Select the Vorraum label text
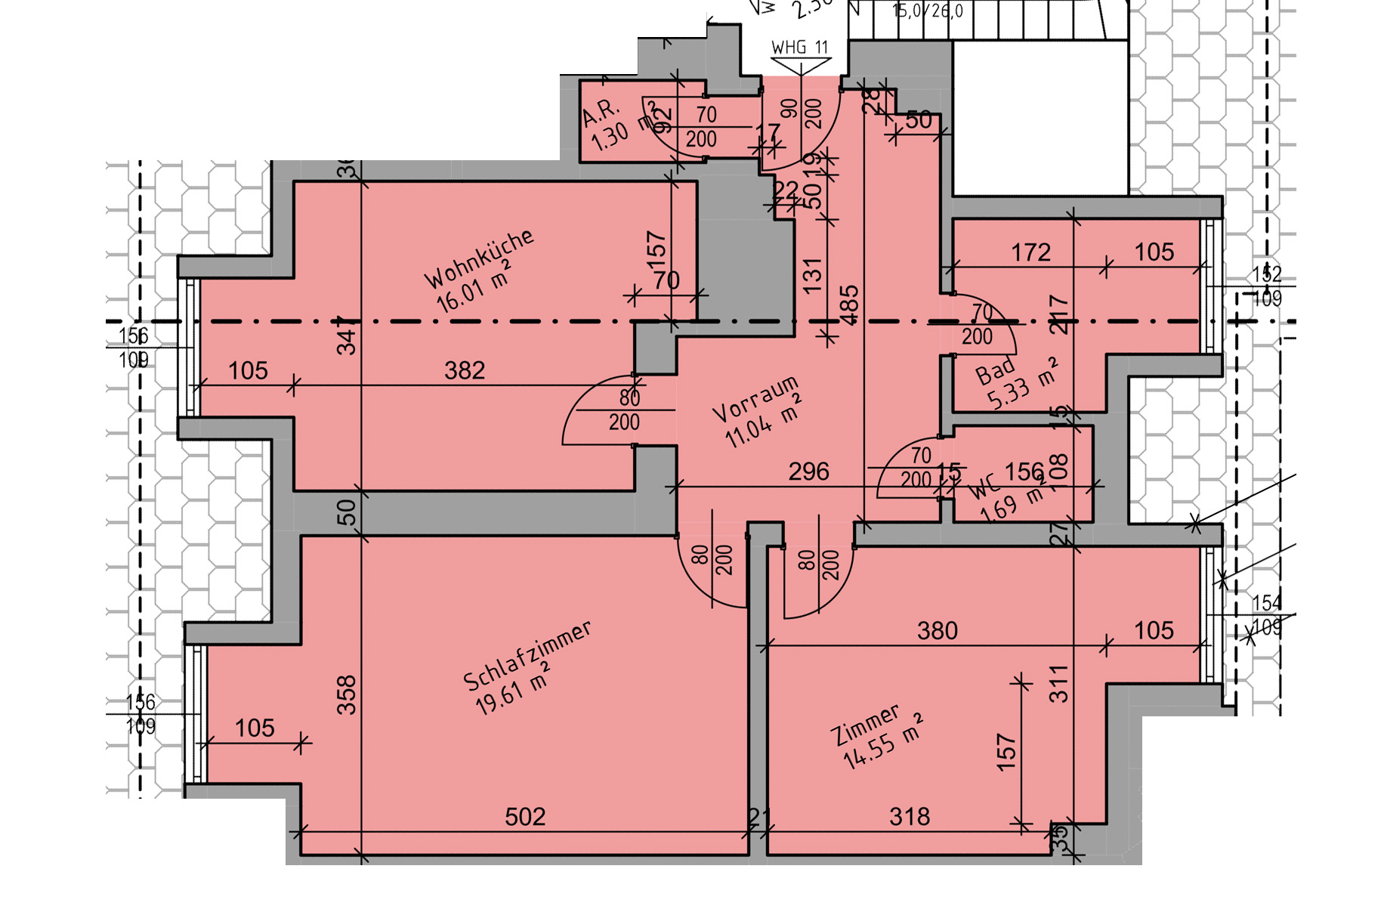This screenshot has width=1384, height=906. click(x=755, y=398)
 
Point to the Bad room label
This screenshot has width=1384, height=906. click(x=995, y=371)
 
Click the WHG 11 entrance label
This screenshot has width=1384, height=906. click(x=799, y=47)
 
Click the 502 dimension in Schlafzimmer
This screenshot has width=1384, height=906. click(x=525, y=817)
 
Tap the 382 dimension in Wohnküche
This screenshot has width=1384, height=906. click(x=465, y=370)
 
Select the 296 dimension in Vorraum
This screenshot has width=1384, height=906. click(x=808, y=472)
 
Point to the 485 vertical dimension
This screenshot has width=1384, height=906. click(x=850, y=305)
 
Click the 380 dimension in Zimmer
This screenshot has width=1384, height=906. click(x=937, y=630)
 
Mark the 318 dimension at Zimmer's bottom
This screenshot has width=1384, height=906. click(x=910, y=817)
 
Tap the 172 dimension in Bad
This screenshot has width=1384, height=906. click(x=1030, y=252)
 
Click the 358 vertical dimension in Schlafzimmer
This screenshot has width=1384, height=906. click(x=346, y=694)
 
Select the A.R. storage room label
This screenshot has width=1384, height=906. click(x=601, y=114)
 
